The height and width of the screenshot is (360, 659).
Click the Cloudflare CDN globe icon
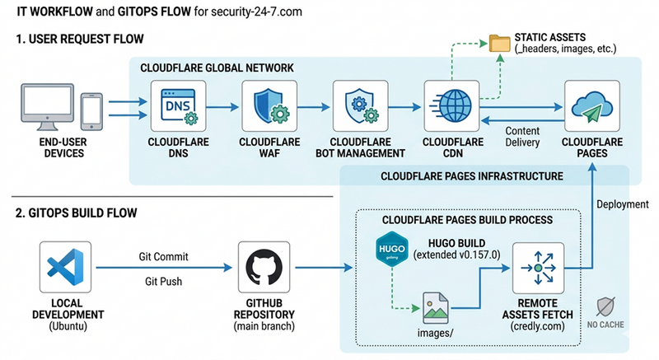446,106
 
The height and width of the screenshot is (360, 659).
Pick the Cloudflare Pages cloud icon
585,106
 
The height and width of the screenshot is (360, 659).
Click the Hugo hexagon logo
386,249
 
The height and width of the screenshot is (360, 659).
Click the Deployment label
623,204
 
